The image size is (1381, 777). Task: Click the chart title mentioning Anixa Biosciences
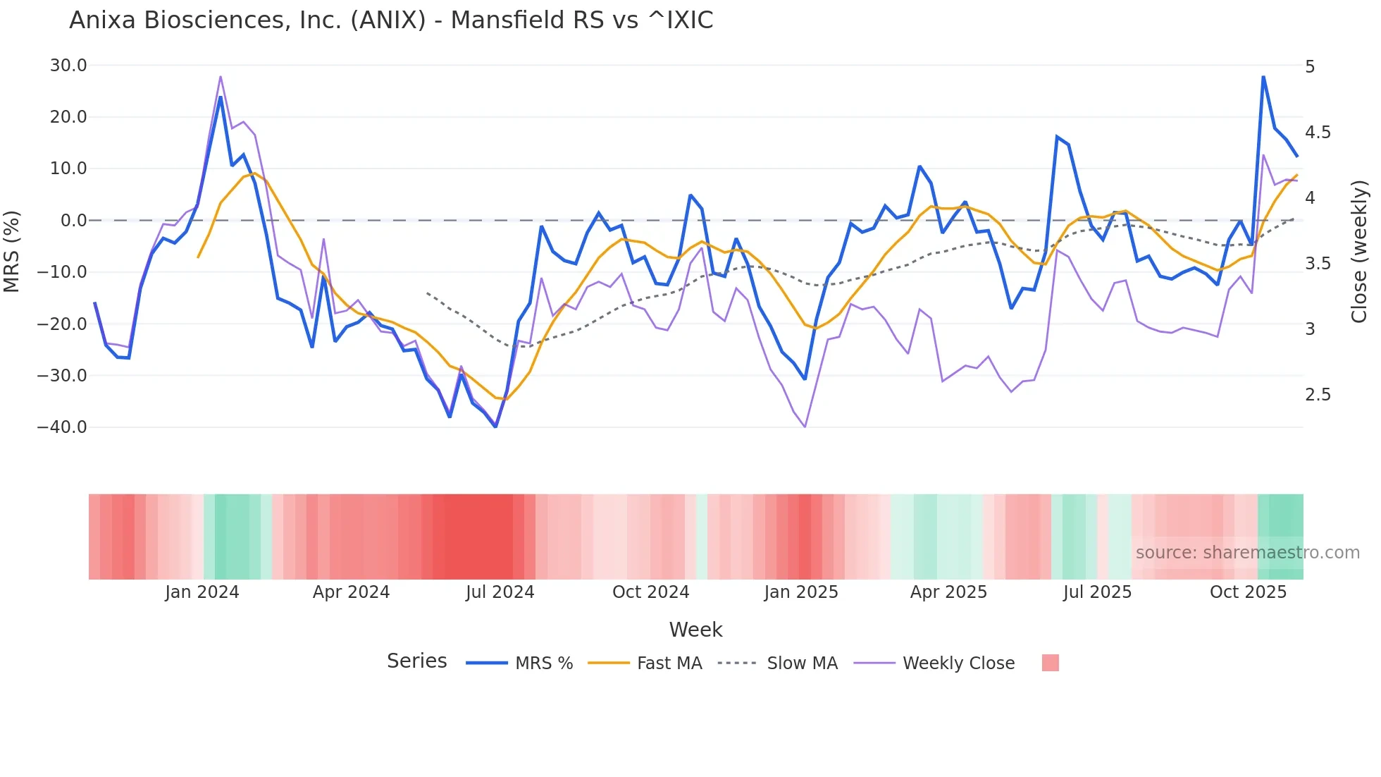point(391,20)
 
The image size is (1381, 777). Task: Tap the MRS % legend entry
point(543,663)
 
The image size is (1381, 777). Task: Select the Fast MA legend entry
point(669,663)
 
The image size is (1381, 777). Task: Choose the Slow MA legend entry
point(802,663)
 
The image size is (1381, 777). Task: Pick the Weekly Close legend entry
point(958,663)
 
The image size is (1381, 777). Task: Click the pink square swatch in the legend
point(1050,663)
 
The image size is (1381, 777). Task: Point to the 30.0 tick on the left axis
point(68,66)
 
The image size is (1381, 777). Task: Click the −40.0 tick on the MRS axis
point(63,427)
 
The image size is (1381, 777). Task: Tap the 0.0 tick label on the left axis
point(74,221)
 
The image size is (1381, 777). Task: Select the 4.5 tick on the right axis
point(1318,133)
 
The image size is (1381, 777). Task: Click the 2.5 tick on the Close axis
point(1318,395)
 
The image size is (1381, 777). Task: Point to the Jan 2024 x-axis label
point(202,592)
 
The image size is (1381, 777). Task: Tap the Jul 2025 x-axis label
point(1097,592)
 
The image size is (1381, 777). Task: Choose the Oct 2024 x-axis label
point(650,592)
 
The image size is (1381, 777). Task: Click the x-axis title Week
point(695,630)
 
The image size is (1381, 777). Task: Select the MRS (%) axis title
point(12,251)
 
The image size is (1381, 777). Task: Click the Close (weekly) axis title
point(1359,252)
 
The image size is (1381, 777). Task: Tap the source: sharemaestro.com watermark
point(1247,553)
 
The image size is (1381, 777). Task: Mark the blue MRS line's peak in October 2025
point(1263,76)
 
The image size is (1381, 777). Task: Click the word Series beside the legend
point(416,661)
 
